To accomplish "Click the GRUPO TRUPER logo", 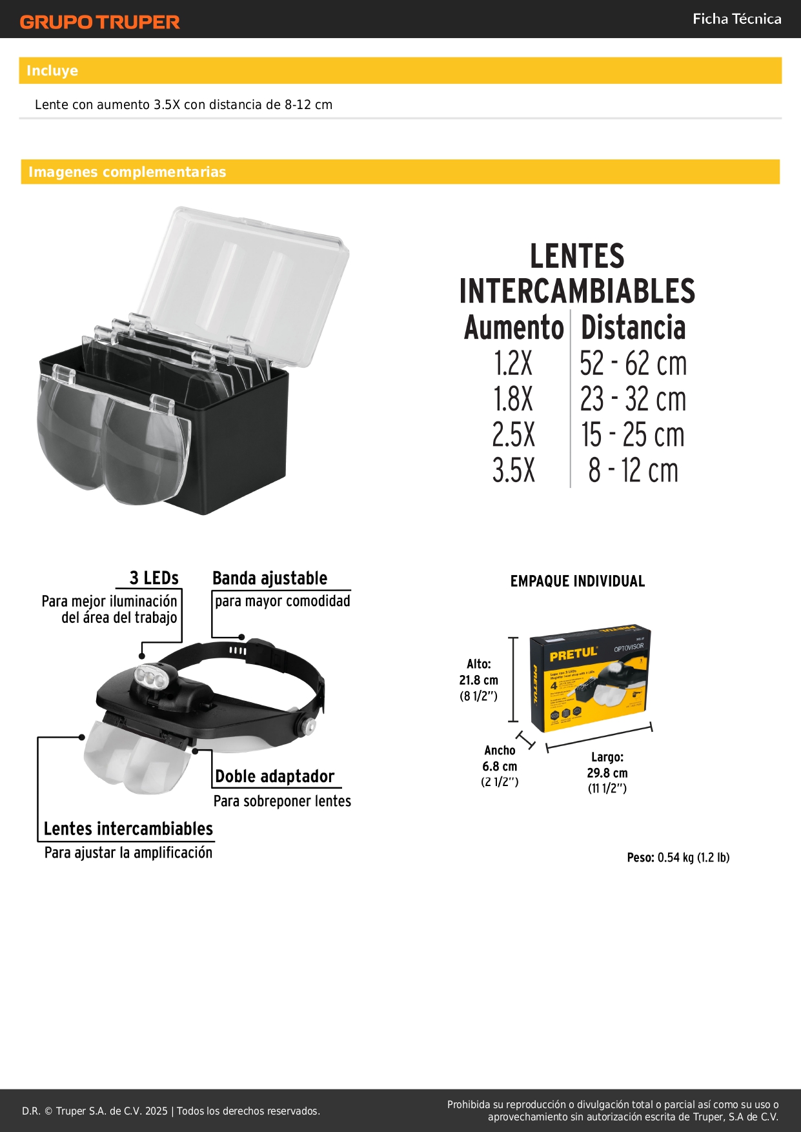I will click(x=99, y=22).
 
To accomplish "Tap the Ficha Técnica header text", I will click(x=736, y=19).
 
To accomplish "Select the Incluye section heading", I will click(x=52, y=71).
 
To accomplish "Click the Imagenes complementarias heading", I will click(x=127, y=172).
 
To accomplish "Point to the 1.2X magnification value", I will click(x=513, y=363).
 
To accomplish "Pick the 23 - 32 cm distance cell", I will click(x=633, y=399).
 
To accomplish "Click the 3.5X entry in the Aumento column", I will click(x=513, y=470).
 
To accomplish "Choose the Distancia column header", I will click(x=633, y=328).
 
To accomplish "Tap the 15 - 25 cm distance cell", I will click(x=633, y=434).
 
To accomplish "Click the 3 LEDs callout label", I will click(x=154, y=578).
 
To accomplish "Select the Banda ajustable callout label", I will click(x=270, y=578).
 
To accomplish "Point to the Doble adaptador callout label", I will click(x=274, y=776).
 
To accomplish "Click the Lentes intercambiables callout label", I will click(x=128, y=829).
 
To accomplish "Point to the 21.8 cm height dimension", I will click(x=478, y=680).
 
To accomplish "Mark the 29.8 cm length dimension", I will click(x=607, y=773).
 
